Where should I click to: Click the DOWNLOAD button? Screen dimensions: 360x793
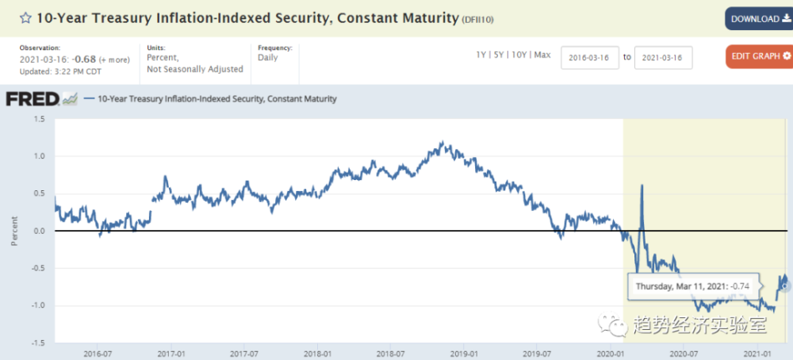[x=758, y=19]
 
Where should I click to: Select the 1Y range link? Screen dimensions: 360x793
[x=481, y=55]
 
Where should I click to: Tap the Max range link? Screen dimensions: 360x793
[x=542, y=55]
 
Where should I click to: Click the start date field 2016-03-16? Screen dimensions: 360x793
[x=590, y=58]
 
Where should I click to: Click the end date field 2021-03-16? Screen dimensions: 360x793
[x=664, y=58]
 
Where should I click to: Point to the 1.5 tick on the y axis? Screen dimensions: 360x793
[x=38, y=119]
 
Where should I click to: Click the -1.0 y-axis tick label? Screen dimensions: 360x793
[x=36, y=305]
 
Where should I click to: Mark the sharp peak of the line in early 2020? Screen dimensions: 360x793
[x=641, y=186]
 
